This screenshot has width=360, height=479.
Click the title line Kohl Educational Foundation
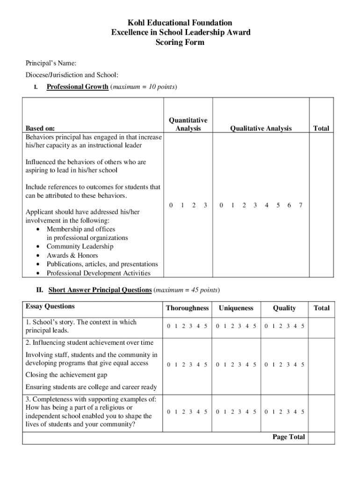click(180, 22)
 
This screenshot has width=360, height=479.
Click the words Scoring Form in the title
click(180, 42)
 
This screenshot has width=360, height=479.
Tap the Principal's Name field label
click(51, 63)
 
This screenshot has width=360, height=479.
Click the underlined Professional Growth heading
click(78, 87)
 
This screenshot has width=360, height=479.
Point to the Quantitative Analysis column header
click(188, 124)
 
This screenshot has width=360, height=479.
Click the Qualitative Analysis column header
click(260, 128)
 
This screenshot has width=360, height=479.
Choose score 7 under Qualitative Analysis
click(301, 205)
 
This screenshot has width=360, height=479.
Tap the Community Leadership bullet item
click(79, 247)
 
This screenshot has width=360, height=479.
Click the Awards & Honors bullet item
click(72, 255)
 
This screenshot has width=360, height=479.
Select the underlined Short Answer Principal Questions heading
click(100, 290)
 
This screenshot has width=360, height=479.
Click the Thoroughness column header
click(187, 308)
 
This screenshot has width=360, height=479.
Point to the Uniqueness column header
click(236, 308)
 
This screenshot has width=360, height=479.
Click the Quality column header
click(284, 308)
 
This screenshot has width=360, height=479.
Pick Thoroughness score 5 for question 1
click(206, 326)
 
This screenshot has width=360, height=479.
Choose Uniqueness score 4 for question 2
click(247, 364)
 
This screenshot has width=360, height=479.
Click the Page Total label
click(288, 437)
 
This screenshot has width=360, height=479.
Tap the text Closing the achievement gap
click(66, 375)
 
